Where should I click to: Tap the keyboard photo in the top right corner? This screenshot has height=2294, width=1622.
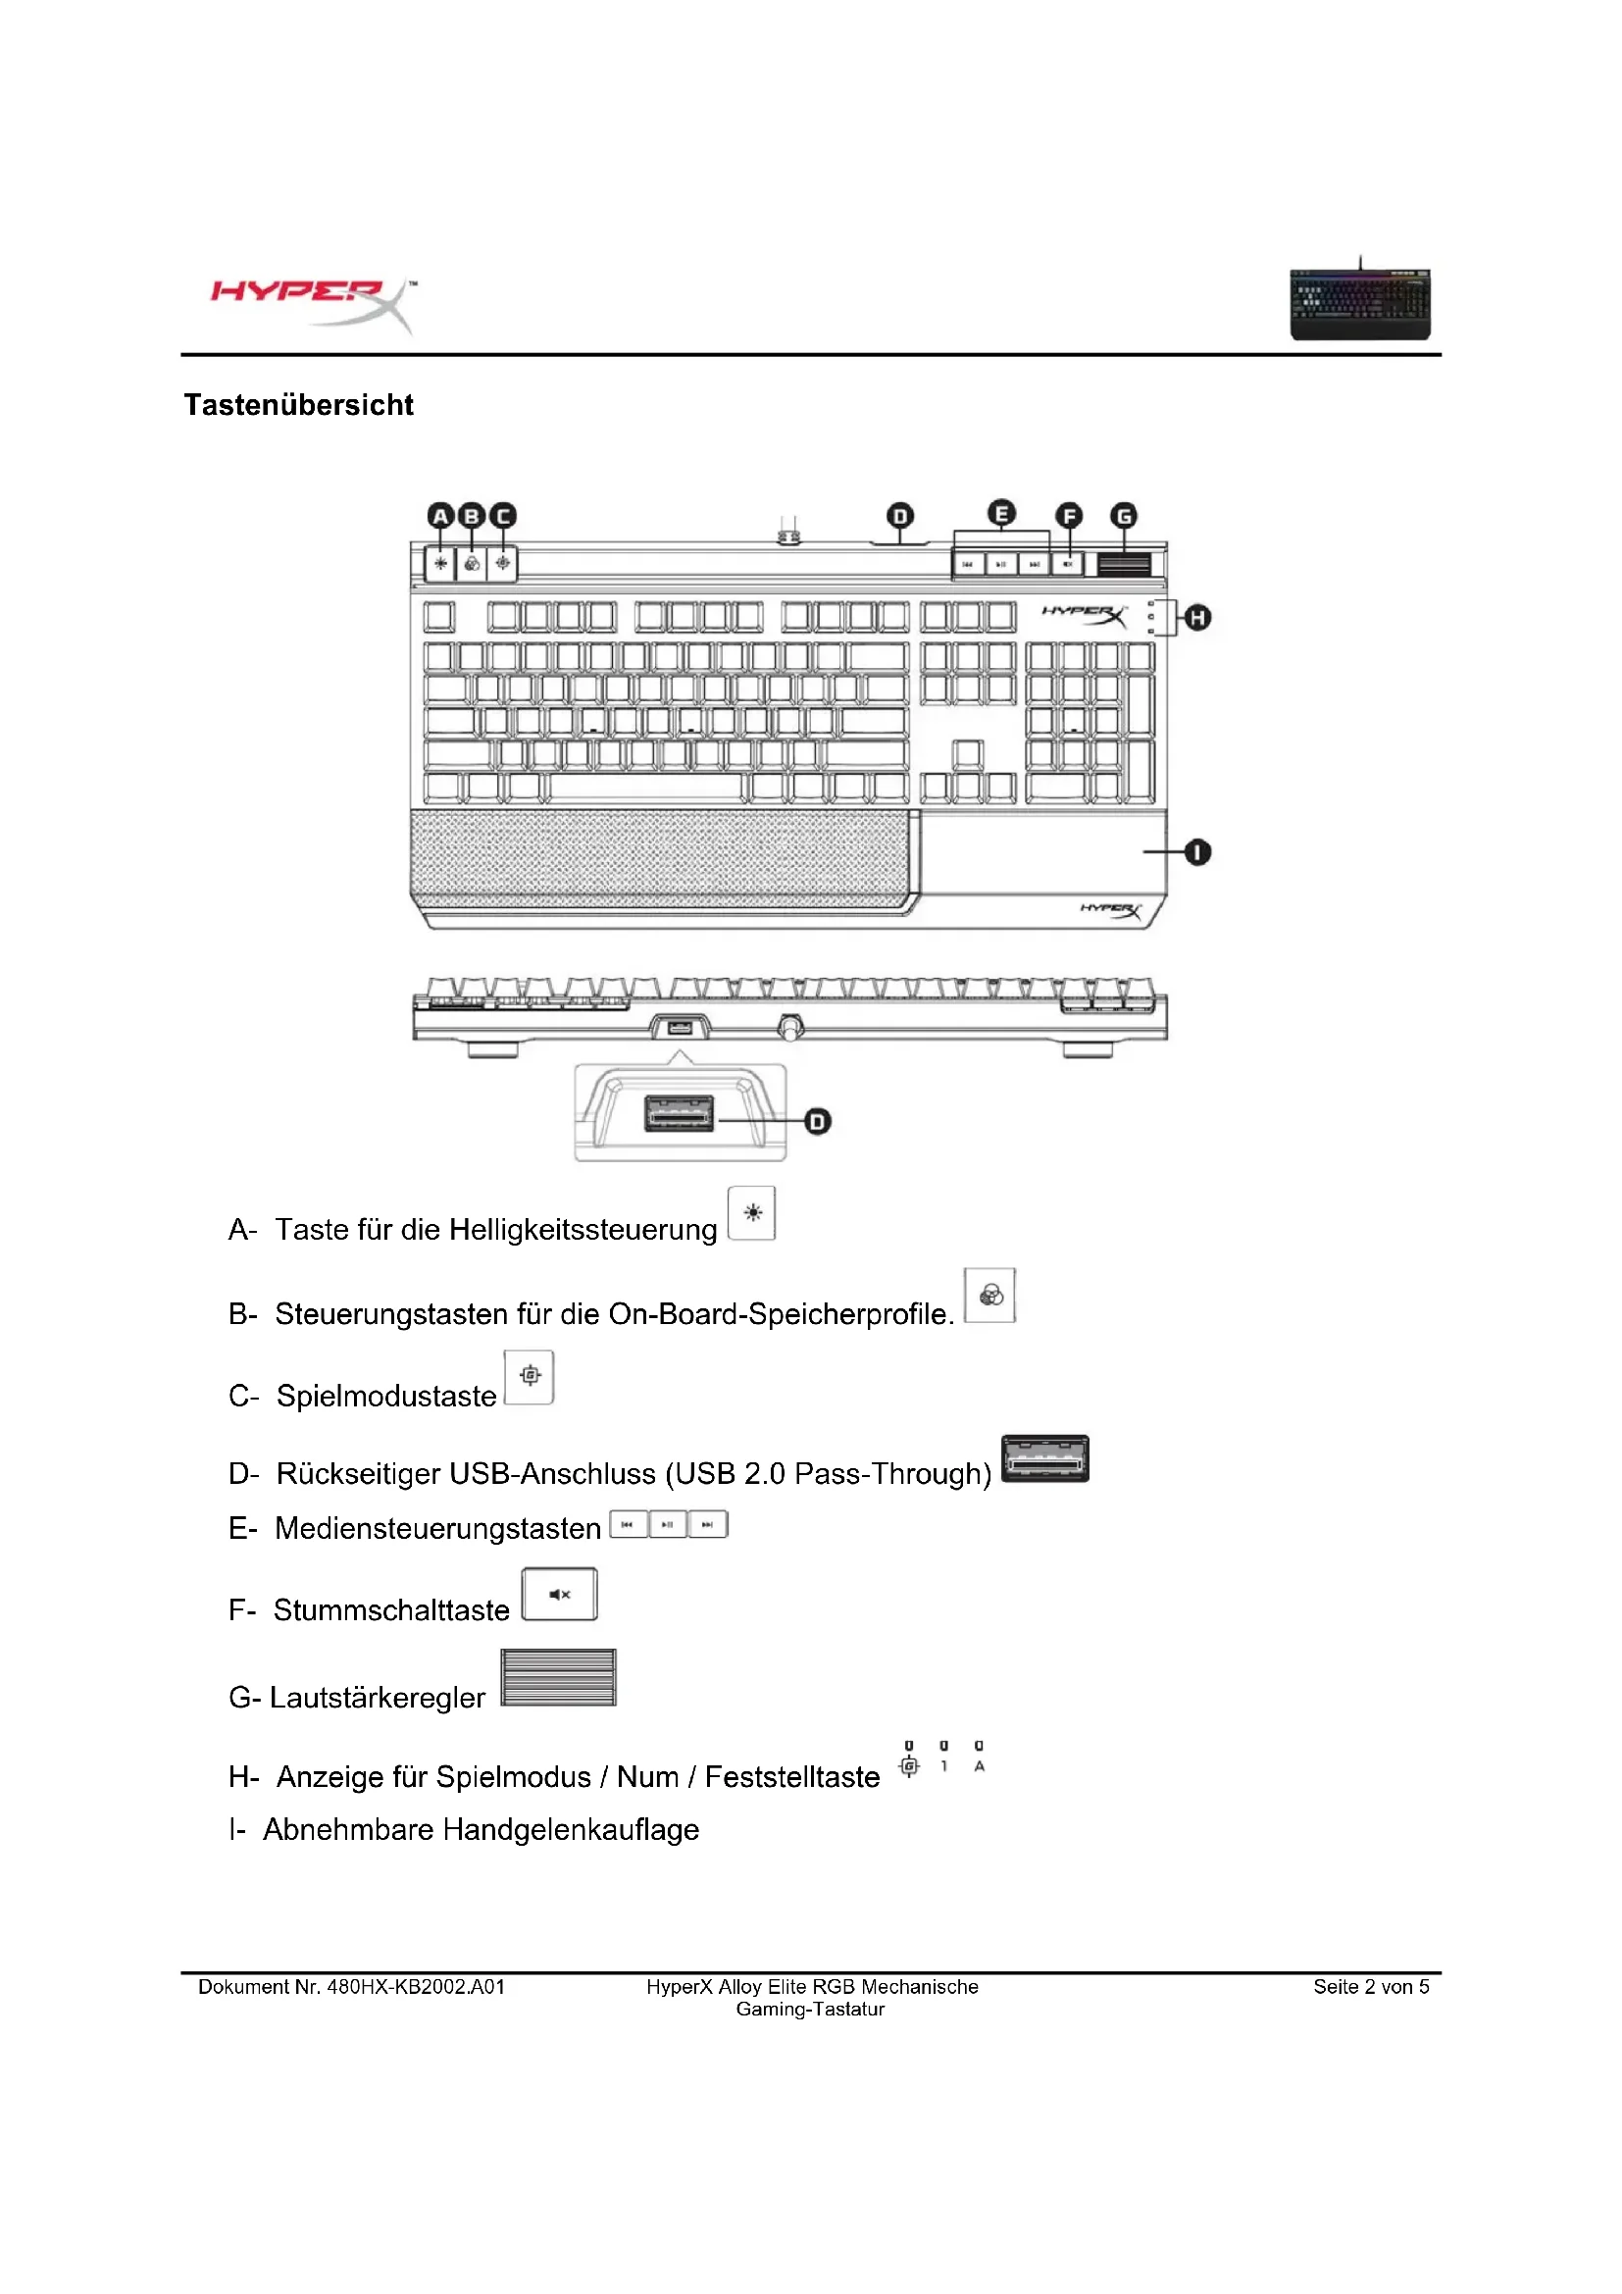1359,303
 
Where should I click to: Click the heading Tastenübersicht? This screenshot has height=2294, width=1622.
299,405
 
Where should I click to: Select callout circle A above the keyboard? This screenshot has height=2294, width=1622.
440,516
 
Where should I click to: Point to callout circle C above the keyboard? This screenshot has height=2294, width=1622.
502,516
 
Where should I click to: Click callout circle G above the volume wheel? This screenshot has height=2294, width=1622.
1124,516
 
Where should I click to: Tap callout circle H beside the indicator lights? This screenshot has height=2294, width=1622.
1196,618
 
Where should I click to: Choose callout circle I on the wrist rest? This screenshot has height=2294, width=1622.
1196,852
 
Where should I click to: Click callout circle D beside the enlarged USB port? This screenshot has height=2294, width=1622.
818,1121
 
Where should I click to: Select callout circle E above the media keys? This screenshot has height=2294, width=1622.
1002,514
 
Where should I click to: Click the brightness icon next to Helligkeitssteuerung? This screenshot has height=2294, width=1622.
752,1213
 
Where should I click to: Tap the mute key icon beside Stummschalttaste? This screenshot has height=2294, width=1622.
559,1595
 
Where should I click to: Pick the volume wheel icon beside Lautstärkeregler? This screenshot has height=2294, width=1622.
558,1677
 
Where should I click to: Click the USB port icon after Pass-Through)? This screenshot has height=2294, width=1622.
1044,1458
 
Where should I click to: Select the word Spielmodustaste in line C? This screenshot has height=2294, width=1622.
386,1396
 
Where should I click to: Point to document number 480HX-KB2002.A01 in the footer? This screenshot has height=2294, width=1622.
416,1987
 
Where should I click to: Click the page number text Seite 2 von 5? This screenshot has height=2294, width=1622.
1370,1987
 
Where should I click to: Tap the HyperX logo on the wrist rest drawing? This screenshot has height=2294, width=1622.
1111,910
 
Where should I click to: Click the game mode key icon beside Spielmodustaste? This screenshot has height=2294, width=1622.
530,1376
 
